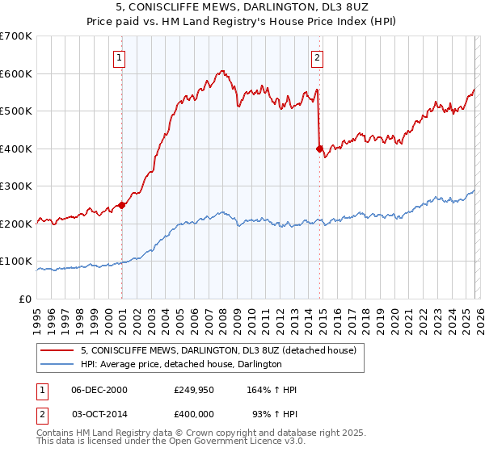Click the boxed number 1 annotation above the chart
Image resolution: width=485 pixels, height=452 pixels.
119,57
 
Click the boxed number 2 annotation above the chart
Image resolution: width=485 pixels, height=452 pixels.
318,57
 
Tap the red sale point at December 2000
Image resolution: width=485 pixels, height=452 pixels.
121,205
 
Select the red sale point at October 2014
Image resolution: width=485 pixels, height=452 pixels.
319,149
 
